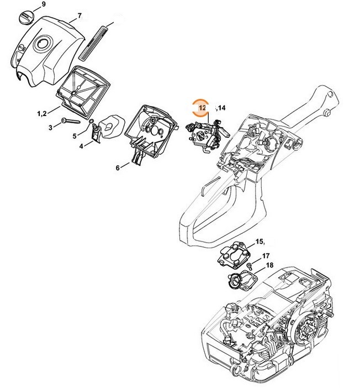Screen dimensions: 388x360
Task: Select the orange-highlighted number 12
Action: [x=202, y=108]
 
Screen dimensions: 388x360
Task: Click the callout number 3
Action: [x=50, y=127]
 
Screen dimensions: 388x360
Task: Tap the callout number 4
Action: [x=81, y=146]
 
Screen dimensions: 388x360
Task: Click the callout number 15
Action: [x=260, y=243]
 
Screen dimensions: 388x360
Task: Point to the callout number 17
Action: [x=266, y=256]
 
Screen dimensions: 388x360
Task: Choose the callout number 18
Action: [x=269, y=266]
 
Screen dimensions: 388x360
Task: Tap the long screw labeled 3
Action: [x=71, y=121]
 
